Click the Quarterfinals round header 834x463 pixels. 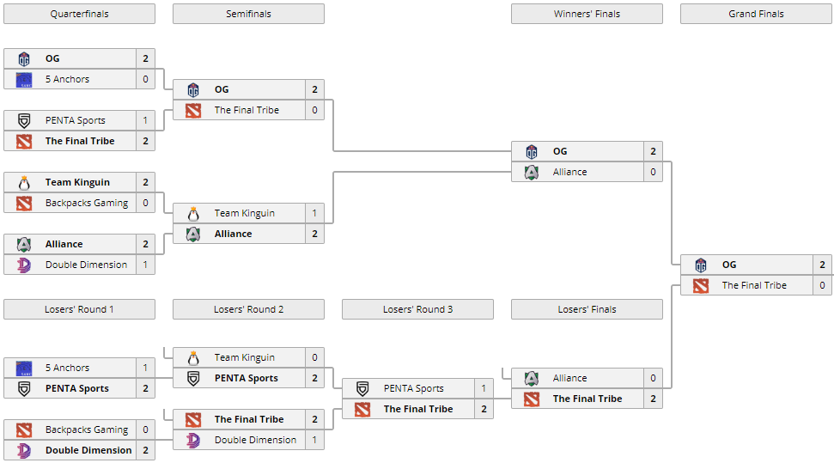coord(79,14)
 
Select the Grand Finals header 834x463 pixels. coord(756,14)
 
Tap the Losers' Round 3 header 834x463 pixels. coord(417,309)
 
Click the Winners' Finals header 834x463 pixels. coord(587,14)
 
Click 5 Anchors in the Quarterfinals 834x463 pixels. coord(67,79)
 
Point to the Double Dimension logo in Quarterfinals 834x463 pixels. coord(24,265)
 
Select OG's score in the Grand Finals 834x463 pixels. coord(822,265)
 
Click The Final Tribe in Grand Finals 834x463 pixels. coord(754,285)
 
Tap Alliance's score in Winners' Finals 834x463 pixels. coord(653,172)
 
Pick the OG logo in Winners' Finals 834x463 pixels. coord(532,152)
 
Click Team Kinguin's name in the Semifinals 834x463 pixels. coord(245,213)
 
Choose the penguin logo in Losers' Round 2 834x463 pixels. coord(193,357)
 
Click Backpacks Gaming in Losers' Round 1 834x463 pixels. coord(87,429)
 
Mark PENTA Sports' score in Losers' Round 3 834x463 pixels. coord(484,388)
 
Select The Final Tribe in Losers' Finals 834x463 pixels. coord(587,399)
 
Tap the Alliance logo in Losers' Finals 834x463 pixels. coord(532,378)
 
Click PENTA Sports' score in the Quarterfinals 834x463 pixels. coord(145,120)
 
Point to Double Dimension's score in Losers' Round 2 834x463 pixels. coord(314,440)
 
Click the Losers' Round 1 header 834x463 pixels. coord(79,309)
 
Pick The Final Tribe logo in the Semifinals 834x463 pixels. coord(193,110)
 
